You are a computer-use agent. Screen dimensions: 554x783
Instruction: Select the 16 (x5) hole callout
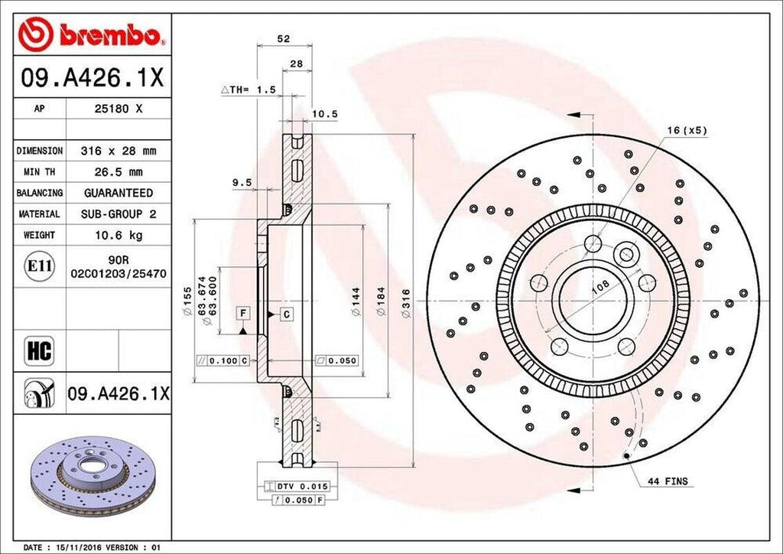pyautogui.click(x=686, y=130)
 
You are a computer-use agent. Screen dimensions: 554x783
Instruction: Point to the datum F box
pyautogui.click(x=242, y=314)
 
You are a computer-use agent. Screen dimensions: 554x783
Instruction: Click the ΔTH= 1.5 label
pyautogui.click(x=248, y=90)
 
